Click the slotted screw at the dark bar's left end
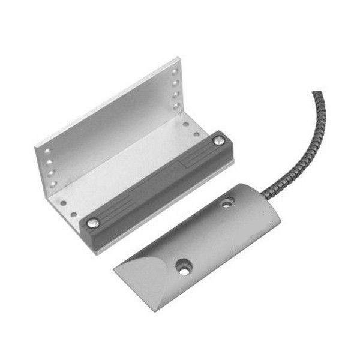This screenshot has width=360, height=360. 92,223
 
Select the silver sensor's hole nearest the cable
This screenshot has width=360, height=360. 227,205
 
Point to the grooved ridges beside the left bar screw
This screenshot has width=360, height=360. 113,208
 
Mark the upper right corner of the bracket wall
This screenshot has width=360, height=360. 178,58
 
